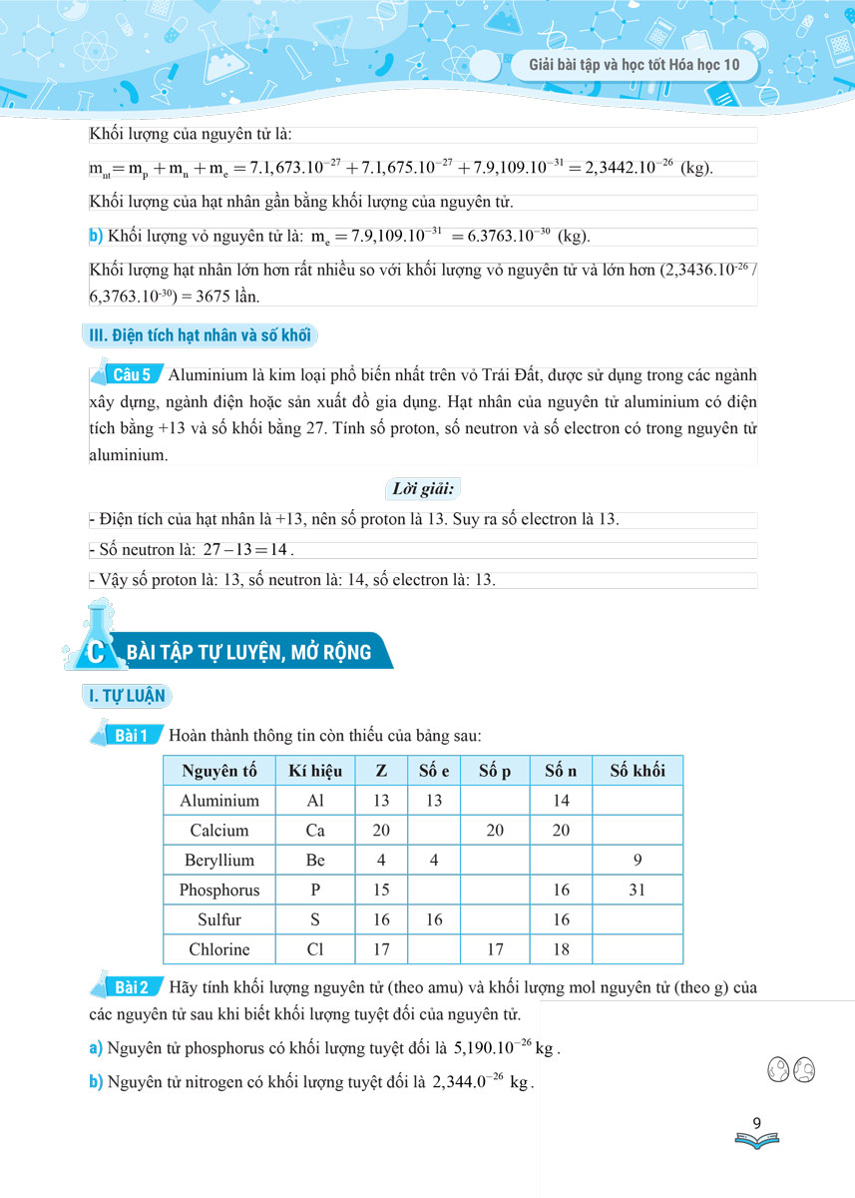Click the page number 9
coord(757,1123)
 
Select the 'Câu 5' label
coord(132,375)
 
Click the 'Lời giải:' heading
coord(420,489)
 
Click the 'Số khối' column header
coord(637,771)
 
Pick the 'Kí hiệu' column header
coord(314,771)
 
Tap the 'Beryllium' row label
coord(219,861)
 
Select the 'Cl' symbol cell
coord(314,949)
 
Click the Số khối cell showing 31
coord(637,891)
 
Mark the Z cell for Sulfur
coord(381,919)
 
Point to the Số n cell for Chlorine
coord(561,949)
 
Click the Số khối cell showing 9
coord(637,861)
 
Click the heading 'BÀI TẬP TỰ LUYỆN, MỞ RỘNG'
coord(248,653)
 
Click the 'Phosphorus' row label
coord(219,891)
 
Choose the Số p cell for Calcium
coord(495,831)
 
